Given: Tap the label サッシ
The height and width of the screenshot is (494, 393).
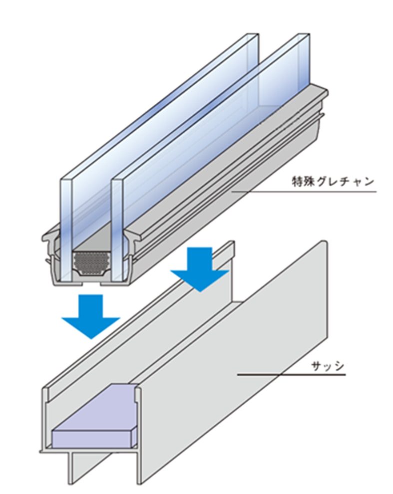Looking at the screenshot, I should coord(328,366).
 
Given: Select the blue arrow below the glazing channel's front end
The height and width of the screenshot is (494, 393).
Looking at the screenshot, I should coord(90,315).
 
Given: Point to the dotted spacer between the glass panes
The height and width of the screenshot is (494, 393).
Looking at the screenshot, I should coord(91,261).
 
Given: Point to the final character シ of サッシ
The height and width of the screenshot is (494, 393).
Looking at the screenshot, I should coord(339,366).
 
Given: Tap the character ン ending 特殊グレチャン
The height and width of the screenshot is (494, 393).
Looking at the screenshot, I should coord(369,181).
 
